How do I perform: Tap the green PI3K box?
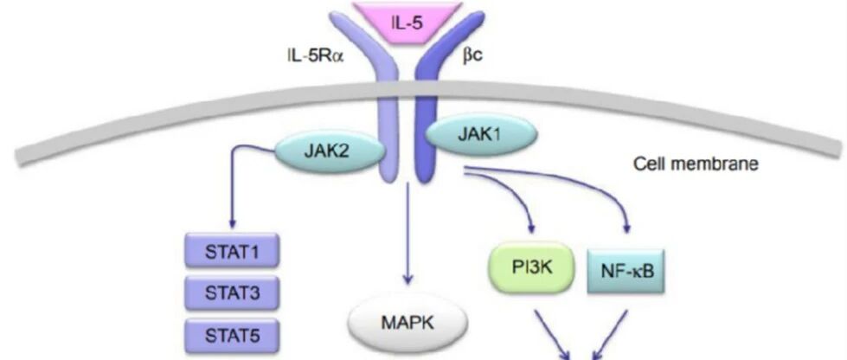[533, 268]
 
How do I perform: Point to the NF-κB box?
[626, 271]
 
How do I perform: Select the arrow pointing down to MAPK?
[407, 242]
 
